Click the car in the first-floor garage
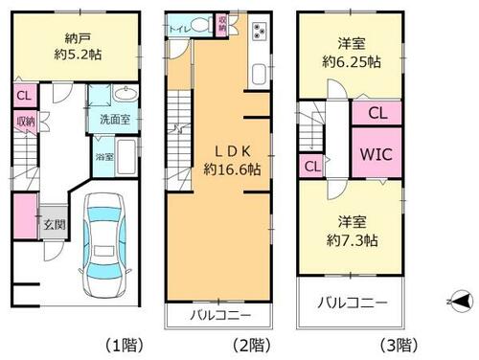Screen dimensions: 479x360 click(104, 245)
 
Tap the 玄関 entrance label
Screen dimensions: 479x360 click(55, 225)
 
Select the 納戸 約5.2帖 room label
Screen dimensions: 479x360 click(78, 47)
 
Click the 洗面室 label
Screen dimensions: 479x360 click(115, 120)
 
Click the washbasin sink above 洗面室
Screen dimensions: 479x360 click(125, 93)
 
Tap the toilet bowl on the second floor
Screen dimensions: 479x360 click(200, 25)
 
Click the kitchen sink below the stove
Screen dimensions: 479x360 click(259, 75)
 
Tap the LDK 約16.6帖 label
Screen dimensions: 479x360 click(233, 161)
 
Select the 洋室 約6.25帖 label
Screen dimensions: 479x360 click(352, 53)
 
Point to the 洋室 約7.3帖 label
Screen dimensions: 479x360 click(353, 232)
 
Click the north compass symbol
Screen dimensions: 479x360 click(460, 301)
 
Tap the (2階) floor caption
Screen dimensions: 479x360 click(251, 345)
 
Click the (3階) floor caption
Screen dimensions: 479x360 click(399, 345)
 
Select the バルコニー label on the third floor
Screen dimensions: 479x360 click(353, 303)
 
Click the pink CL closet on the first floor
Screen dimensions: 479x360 click(25, 95)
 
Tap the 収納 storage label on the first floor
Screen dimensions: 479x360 click(26, 122)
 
